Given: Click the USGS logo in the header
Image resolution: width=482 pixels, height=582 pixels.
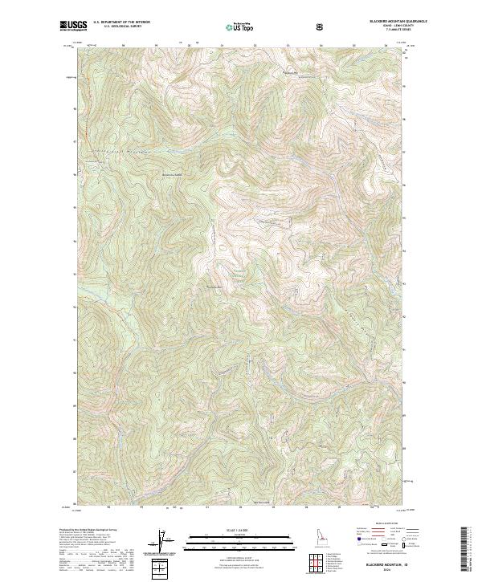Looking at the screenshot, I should (73, 25).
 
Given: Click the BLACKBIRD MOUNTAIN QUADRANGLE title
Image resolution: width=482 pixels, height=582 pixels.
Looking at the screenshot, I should (378, 22).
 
